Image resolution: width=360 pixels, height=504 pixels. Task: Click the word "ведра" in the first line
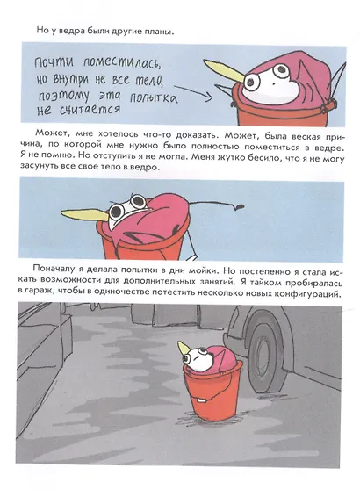[x=66, y=32]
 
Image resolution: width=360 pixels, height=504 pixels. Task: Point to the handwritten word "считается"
[x=90, y=110]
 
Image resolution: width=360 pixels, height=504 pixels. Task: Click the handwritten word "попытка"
[x=154, y=97]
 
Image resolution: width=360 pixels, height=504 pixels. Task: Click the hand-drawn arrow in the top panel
[x=193, y=92]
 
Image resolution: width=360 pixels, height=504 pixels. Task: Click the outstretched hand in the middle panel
[x=238, y=206]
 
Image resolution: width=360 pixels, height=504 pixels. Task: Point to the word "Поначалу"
[x=54, y=269]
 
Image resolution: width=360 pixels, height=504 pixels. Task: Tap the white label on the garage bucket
[x=201, y=400]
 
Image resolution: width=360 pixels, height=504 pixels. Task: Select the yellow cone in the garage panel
[x=184, y=348]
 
